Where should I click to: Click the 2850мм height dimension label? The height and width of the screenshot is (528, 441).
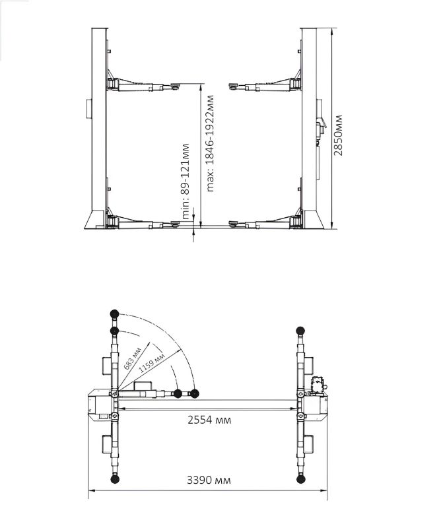(338, 135)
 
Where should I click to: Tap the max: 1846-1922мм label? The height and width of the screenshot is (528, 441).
(210, 143)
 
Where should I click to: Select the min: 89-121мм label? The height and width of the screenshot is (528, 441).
(186, 181)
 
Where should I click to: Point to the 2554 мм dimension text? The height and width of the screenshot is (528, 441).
(209, 420)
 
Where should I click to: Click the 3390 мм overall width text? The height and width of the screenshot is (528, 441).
(209, 480)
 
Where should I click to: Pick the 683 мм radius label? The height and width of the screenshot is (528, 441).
(132, 359)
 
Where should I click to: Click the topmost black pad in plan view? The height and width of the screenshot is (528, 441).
(114, 314)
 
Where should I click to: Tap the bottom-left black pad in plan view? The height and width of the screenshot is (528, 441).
(115, 479)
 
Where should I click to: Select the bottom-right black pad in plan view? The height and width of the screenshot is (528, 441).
(300, 479)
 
